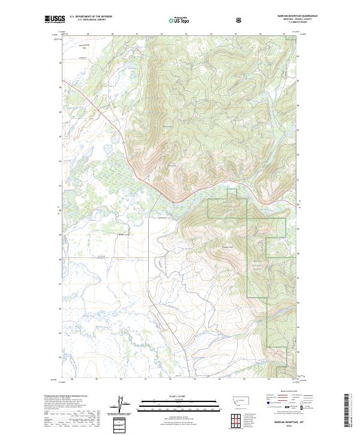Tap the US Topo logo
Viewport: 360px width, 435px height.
(x=181, y=20)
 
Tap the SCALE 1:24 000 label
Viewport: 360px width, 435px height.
(x=181, y=395)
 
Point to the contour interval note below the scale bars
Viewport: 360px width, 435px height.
(x=181, y=415)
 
